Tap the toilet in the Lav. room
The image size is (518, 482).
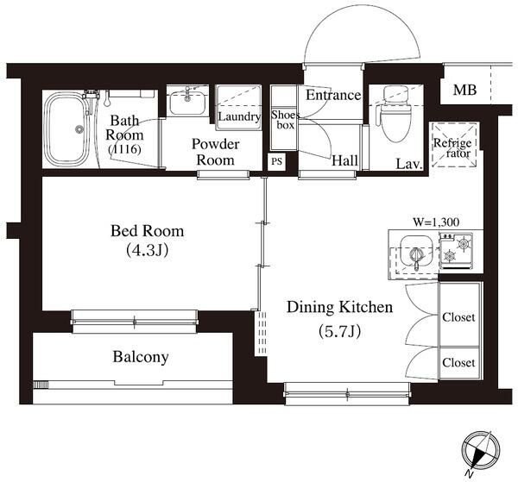(x=396, y=115)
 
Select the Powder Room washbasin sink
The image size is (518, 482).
(x=187, y=102)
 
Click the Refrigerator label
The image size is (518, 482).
(x=453, y=148)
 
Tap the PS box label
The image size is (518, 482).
(x=276, y=161)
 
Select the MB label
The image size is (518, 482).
(x=464, y=90)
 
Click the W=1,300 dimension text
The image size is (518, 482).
(x=436, y=222)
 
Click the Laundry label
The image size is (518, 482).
(x=239, y=117)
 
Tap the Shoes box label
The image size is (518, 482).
(x=285, y=120)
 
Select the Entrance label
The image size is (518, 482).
(x=333, y=96)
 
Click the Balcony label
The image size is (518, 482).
(x=141, y=357)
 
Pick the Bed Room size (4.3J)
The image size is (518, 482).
(x=148, y=251)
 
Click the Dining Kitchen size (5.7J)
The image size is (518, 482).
(x=339, y=332)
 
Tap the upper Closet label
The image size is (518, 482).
(x=458, y=317)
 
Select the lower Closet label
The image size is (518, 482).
(x=458, y=363)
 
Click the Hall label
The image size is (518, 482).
(x=344, y=161)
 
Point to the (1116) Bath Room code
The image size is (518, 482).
(x=125, y=149)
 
